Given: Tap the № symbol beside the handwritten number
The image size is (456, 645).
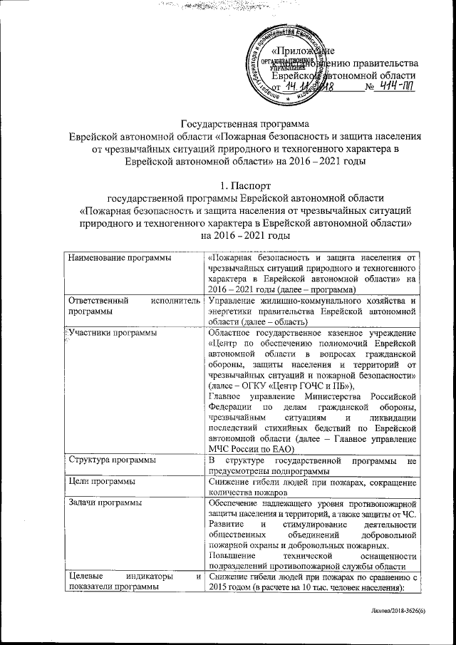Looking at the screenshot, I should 369,88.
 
